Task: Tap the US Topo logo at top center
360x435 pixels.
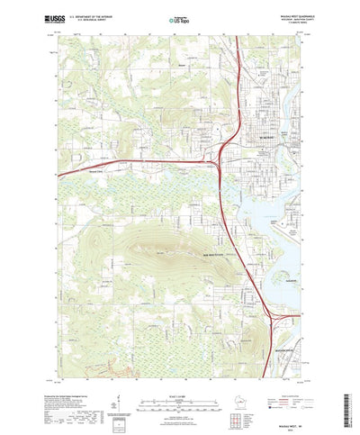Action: (x=179, y=18)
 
